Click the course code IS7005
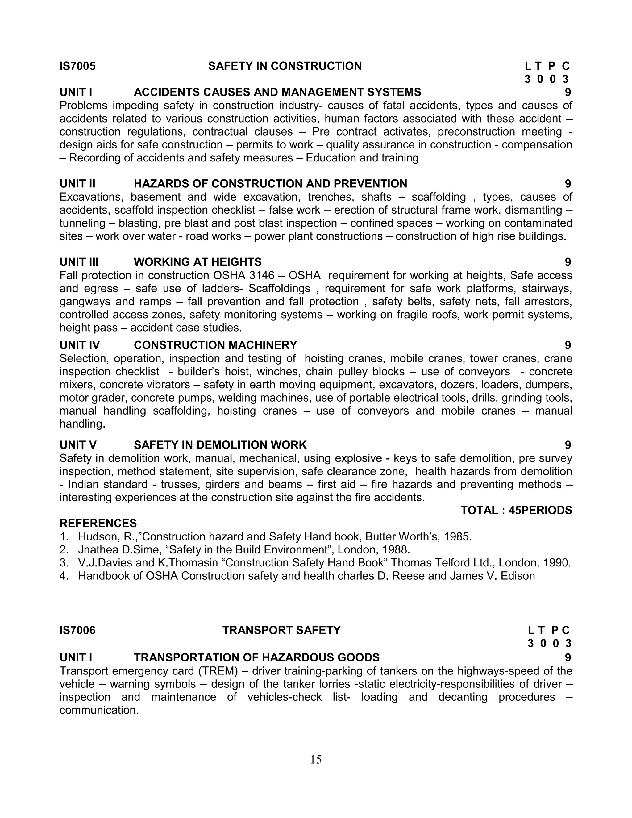tap(77, 66)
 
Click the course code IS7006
tap(77, 630)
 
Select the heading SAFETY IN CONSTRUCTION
tap(285, 66)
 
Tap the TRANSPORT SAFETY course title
tap(281, 630)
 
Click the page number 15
tap(316, 759)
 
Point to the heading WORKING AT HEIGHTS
tap(198, 262)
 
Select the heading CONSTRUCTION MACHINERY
tap(215, 345)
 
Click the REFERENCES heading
tap(98, 523)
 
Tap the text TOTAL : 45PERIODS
tap(516, 510)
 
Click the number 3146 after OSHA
tap(262, 275)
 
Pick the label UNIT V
tap(78, 445)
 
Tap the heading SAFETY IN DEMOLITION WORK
tap(220, 445)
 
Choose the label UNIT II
tap(77, 184)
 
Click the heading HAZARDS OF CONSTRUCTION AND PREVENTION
tap(270, 184)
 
